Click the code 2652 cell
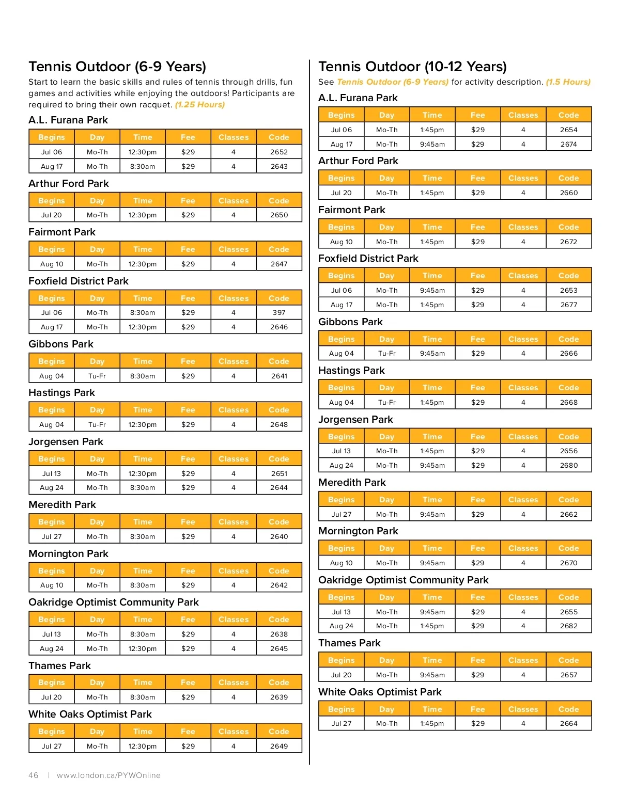pos(279,152)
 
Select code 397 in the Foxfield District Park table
pos(279,312)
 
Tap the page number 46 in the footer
pos(34,775)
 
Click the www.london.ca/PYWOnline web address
pos(109,775)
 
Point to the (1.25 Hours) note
pos(200,104)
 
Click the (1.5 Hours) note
pos(568,82)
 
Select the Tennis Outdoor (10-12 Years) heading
pos(412,67)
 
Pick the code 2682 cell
pos(569,626)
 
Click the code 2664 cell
pos(569,723)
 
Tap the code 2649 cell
pos(279,746)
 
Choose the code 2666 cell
pos(569,353)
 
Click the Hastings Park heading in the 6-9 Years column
pos(61,392)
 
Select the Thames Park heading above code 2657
pos(349,643)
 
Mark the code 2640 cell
pos(279,536)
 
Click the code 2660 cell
pos(569,193)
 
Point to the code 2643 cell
pos(279,166)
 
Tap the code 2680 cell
pos(569,465)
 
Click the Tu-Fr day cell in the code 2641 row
pos(97,376)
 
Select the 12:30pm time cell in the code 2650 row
pos(143,215)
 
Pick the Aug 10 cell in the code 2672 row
pos(342,242)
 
